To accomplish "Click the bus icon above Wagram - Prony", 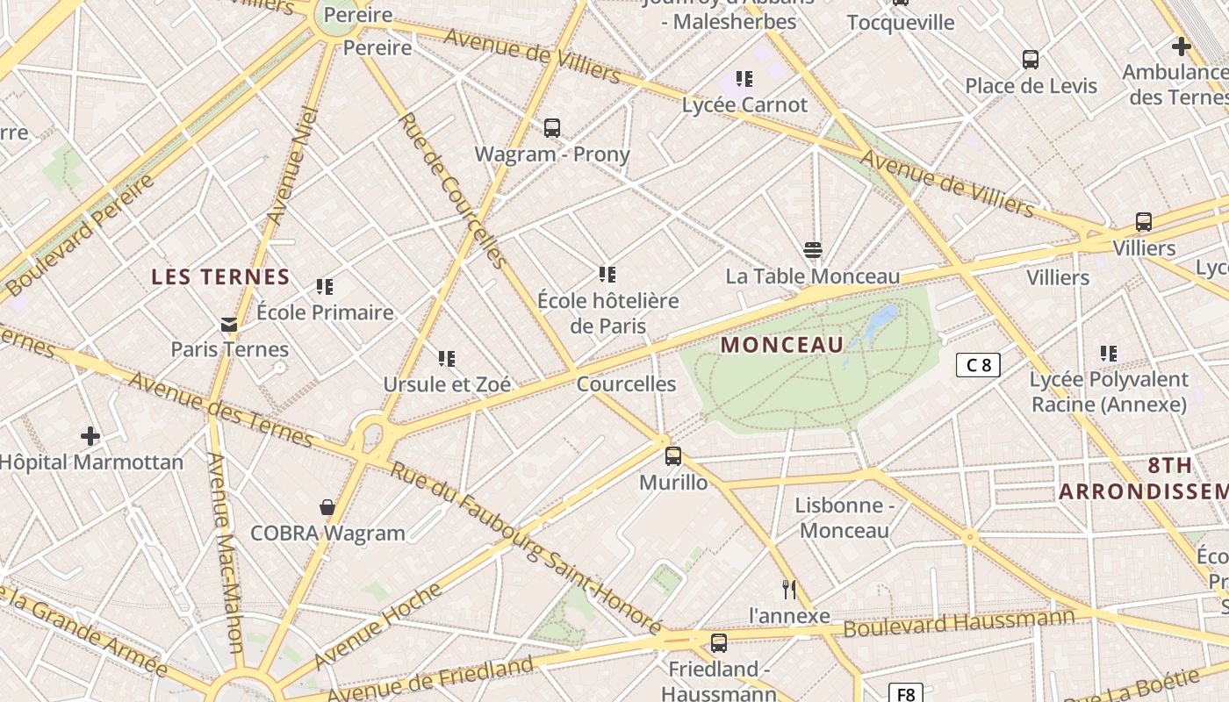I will tap(551, 128).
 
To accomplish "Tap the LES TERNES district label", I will tap(220, 277).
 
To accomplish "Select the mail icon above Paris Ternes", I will tap(229, 325).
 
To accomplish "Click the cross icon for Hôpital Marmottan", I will tap(90, 436).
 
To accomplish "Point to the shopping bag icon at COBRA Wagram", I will tap(327, 507).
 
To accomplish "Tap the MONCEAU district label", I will tap(781, 345).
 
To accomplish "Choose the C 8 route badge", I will tap(978, 365).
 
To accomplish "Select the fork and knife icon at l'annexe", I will tap(789, 590).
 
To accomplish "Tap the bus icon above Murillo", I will tap(673, 456).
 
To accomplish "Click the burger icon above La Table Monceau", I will tap(813, 251).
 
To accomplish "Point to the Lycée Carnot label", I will tap(744, 105).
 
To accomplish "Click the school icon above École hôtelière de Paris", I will tap(607, 275).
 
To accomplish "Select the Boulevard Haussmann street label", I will tap(959, 623).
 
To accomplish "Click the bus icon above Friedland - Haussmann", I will tap(719, 643).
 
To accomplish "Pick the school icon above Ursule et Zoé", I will tap(447, 359).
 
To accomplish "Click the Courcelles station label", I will tap(626, 384).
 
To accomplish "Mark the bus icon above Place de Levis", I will tap(1031, 60).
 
